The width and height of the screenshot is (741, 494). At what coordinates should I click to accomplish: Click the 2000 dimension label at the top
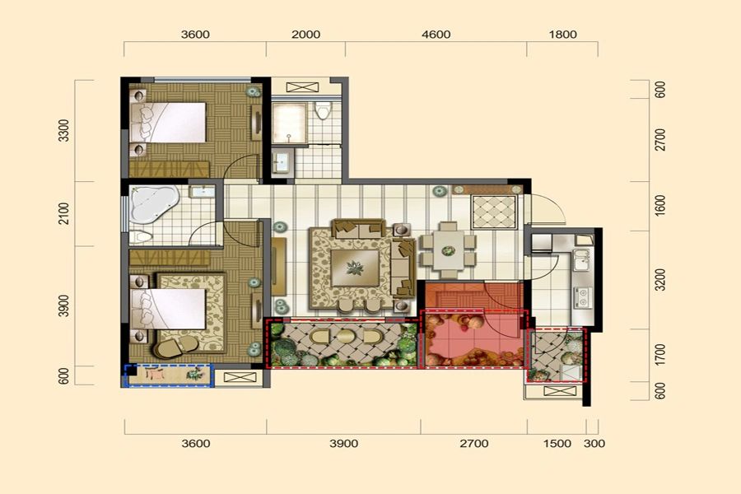click(x=305, y=35)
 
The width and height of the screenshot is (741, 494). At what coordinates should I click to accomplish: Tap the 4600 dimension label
click(x=436, y=35)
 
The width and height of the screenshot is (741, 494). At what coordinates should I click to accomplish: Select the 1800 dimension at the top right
click(x=563, y=35)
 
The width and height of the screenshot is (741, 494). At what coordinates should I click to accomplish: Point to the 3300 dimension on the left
click(x=63, y=130)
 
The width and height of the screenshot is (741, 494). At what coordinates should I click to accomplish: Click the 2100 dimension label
click(x=63, y=213)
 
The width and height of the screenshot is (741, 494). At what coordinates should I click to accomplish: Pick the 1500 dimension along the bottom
click(x=557, y=444)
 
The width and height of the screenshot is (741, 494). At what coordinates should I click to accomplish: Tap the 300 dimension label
click(x=594, y=444)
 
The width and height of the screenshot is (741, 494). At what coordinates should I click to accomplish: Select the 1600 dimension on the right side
click(x=660, y=206)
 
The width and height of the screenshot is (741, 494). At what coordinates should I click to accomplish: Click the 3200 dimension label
click(x=660, y=280)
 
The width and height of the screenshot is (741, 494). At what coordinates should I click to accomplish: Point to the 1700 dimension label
click(x=660, y=355)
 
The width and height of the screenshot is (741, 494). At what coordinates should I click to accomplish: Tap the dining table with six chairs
click(x=449, y=250)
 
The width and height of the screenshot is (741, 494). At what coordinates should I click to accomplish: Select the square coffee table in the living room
click(x=354, y=268)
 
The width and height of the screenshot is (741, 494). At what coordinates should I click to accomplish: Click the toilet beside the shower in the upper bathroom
click(x=323, y=110)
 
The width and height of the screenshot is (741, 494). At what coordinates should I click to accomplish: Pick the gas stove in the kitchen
click(x=583, y=298)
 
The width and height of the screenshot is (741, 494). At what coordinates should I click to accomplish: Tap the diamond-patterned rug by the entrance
click(x=494, y=212)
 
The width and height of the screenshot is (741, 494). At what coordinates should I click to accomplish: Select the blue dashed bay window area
click(x=169, y=375)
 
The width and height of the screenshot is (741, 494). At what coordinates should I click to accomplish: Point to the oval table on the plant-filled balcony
click(x=346, y=337)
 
